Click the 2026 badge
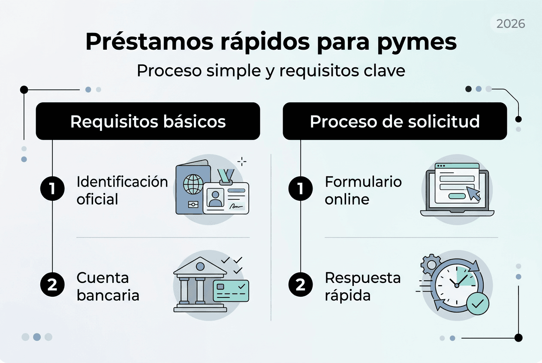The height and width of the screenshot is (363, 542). (x=510, y=24)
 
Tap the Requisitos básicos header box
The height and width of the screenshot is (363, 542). (x=148, y=122)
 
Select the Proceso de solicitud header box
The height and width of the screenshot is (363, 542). (x=394, y=122)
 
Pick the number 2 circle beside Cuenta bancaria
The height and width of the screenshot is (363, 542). (x=52, y=285)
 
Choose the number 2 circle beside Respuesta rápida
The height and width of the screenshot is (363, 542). (x=301, y=285)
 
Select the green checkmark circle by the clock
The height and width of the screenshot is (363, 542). (x=477, y=304)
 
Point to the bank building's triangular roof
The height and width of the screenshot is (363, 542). (x=200, y=268)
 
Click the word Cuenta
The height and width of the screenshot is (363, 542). (x=102, y=278)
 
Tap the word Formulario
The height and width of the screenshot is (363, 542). (x=363, y=182)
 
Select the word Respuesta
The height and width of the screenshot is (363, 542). (x=362, y=278)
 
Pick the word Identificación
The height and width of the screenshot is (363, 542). (x=122, y=182)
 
